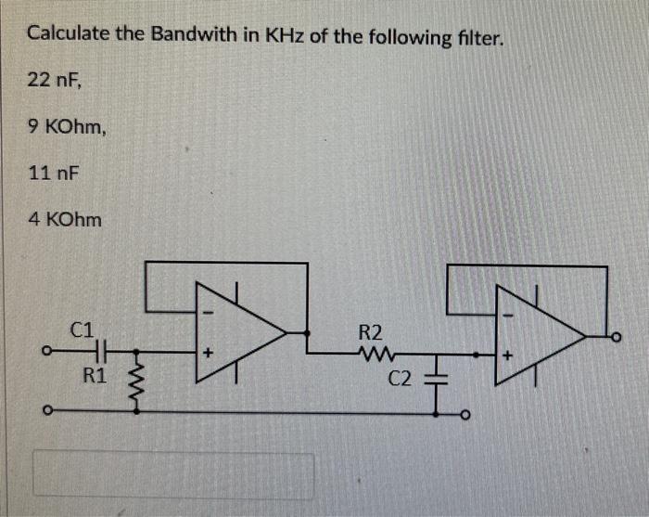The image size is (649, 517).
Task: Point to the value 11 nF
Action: pyautogui.click(x=54, y=173)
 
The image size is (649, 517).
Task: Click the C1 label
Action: pyautogui.click(x=82, y=328)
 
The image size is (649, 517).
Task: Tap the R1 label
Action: pyautogui.click(x=94, y=376)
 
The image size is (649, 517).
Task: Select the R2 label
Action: pyautogui.click(x=368, y=331)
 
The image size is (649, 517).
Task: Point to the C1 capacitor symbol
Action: pyautogui.click(x=102, y=351)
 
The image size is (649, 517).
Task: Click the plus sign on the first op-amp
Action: pyautogui.click(x=209, y=353)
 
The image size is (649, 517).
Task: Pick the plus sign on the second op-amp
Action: pyautogui.click(x=506, y=354)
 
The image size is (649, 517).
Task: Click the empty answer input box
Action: pyautogui.click(x=173, y=475)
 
